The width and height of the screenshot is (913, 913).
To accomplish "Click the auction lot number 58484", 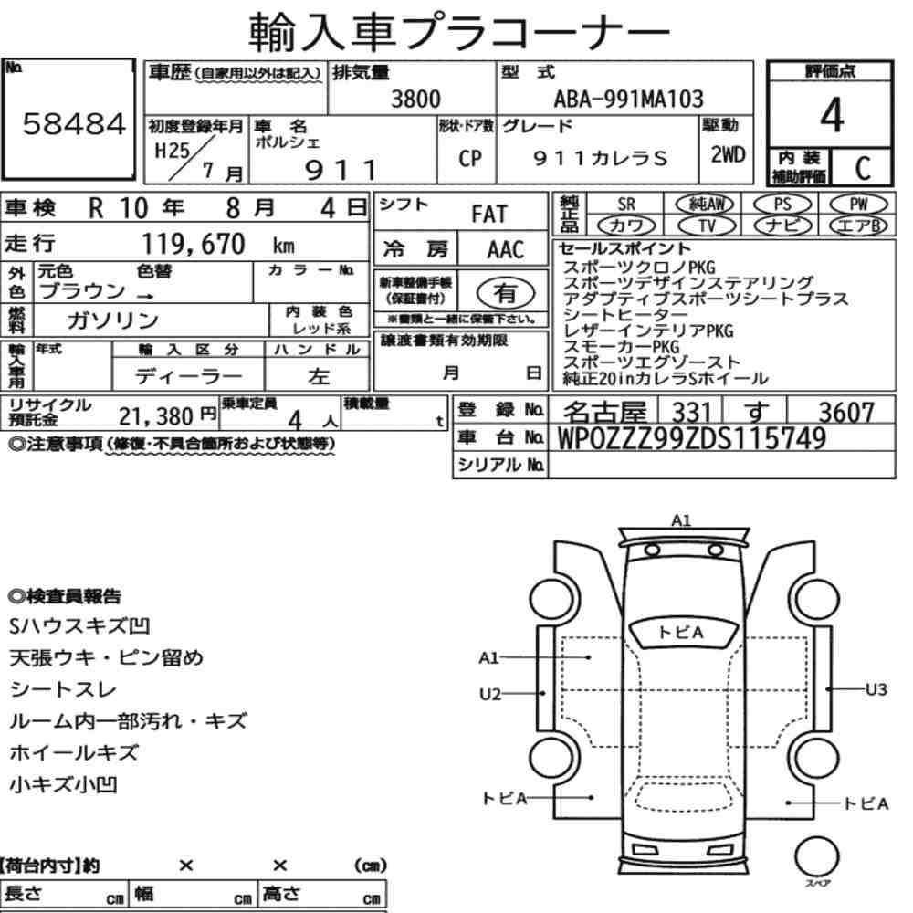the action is point(74,123).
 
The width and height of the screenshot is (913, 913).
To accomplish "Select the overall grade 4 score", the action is point(832,115).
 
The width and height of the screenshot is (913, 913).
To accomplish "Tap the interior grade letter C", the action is point(863,168).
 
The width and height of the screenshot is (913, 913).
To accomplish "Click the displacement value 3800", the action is point(415,99).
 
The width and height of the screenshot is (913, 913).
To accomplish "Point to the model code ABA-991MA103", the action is point(628,99).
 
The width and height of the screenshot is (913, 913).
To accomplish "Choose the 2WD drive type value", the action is point(728,155).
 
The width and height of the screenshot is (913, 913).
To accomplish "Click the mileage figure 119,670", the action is point(194,244).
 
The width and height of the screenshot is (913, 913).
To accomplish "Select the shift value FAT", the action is point(489,215).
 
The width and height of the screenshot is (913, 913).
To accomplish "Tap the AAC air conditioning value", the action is point(506,250).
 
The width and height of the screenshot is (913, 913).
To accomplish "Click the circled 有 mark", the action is point(506,292).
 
